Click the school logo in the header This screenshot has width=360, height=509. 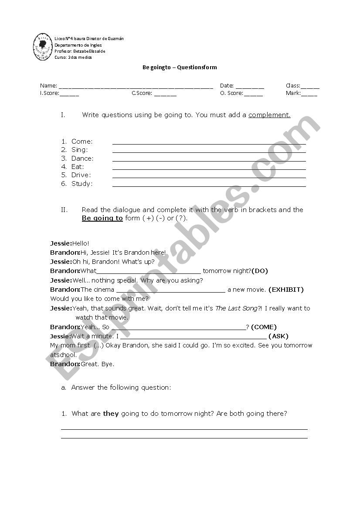point(42,48)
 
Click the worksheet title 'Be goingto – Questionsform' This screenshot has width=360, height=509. point(180,67)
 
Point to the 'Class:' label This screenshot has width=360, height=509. point(293,86)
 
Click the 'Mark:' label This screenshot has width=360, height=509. point(293,93)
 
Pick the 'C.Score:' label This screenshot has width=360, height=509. point(142,93)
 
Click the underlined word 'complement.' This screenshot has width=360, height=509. point(269,115)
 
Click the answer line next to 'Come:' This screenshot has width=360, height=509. point(209,143)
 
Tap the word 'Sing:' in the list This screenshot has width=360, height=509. point(79,150)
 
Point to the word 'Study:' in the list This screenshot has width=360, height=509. point(82,184)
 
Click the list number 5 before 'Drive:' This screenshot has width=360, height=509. point(64,175)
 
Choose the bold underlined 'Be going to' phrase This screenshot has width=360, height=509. point(102,218)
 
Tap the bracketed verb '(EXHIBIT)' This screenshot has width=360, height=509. point(286,290)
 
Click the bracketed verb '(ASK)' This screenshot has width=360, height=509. point(278,336)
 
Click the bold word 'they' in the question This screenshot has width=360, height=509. point(111,414)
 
